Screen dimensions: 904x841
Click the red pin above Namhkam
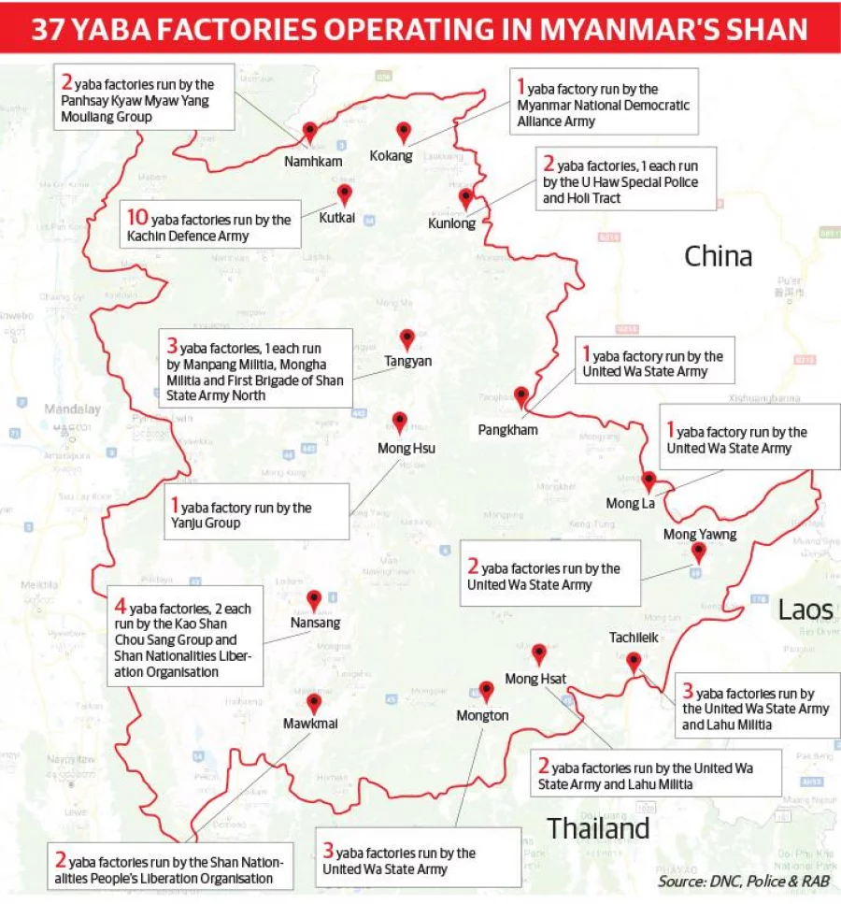point(310,132)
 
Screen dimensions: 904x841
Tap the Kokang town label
point(391,156)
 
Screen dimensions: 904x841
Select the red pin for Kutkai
point(344,194)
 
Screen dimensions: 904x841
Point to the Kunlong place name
point(451,223)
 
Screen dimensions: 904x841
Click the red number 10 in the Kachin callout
point(136,219)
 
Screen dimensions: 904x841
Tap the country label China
point(718,255)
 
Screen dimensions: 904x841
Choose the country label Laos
point(805,610)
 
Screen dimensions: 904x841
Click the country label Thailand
point(598,828)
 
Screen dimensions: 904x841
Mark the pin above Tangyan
point(406,338)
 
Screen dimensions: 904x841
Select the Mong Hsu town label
point(406,448)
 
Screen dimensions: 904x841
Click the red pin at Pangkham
point(521,397)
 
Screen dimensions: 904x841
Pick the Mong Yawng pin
point(697,552)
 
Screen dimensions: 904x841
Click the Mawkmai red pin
point(314,703)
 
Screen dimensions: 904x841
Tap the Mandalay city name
point(71,409)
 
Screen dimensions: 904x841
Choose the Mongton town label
point(482,716)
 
